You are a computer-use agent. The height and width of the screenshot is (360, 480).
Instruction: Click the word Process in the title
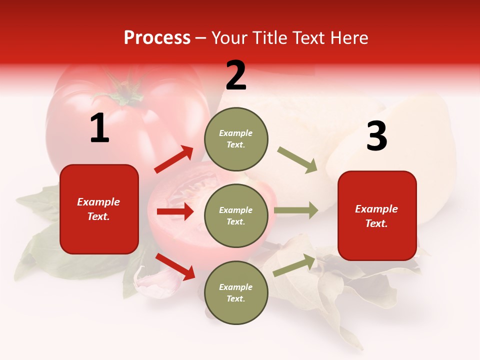click(x=157, y=38)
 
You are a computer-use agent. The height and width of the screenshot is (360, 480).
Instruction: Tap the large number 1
click(x=99, y=128)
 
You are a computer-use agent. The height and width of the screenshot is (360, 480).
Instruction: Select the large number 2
click(x=236, y=75)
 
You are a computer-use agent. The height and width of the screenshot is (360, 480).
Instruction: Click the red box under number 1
click(x=99, y=209)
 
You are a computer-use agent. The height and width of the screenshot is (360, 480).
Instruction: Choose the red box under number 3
click(x=377, y=215)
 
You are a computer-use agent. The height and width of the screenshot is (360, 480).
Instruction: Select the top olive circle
click(x=236, y=139)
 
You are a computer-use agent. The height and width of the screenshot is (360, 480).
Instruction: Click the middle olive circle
click(x=236, y=215)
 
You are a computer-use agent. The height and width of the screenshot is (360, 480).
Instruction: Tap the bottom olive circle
click(x=236, y=292)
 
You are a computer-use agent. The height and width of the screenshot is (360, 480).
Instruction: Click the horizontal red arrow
click(x=175, y=211)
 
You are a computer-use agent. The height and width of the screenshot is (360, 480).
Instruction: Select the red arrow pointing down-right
click(x=175, y=266)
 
